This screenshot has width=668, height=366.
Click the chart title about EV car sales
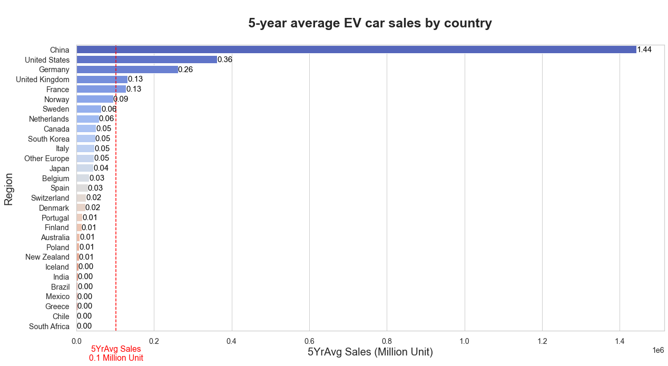click(x=370, y=23)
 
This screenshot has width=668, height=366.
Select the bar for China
click(x=356, y=50)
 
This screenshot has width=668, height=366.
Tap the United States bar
click(x=146, y=60)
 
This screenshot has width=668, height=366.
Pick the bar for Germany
click(x=127, y=70)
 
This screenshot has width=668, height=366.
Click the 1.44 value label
click(x=644, y=50)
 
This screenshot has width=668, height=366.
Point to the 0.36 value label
click(x=225, y=60)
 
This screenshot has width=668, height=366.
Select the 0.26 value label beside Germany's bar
click(x=185, y=70)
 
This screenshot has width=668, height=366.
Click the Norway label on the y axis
click(x=56, y=99)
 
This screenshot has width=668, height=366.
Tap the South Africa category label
click(x=49, y=327)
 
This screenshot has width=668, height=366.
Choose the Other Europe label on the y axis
click(x=46, y=159)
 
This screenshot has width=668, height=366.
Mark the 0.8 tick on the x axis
click(x=387, y=341)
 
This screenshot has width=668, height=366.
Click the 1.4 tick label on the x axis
click(x=620, y=341)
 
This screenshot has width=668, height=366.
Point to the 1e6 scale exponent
click(x=657, y=350)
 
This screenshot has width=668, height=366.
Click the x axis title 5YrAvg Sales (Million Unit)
click(x=370, y=352)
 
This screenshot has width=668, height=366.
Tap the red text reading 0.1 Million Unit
click(x=116, y=358)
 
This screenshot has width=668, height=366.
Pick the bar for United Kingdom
click(x=102, y=80)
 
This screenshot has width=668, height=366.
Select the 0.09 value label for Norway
click(x=121, y=99)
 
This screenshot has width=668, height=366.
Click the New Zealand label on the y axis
click(x=47, y=257)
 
